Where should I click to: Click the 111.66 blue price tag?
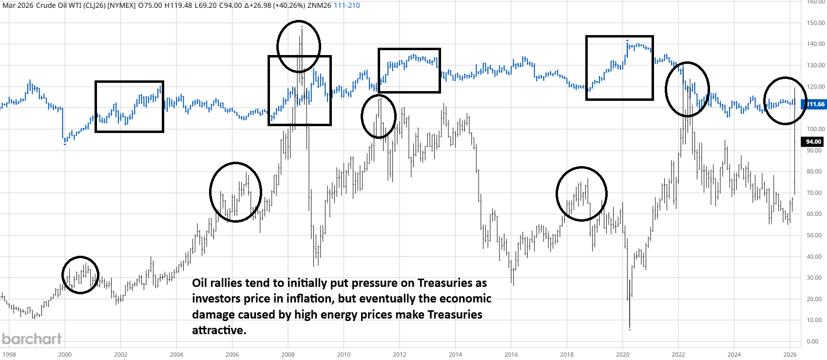point(816,104)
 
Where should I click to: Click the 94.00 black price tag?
point(813,142)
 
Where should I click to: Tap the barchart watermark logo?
point(32,339)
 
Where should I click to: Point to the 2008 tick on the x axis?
point(288,354)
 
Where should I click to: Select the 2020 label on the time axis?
point(622,354)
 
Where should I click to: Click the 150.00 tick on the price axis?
point(815,23)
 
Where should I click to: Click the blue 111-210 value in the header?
point(346,5)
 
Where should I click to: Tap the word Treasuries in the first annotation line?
point(445,283)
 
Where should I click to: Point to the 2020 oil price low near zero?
point(630,328)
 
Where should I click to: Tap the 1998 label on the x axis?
point(9,354)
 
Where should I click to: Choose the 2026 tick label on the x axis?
point(790,354)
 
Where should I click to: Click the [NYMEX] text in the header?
point(121,5)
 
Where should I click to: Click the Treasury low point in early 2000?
point(65,143)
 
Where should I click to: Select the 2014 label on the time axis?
point(455,354)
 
